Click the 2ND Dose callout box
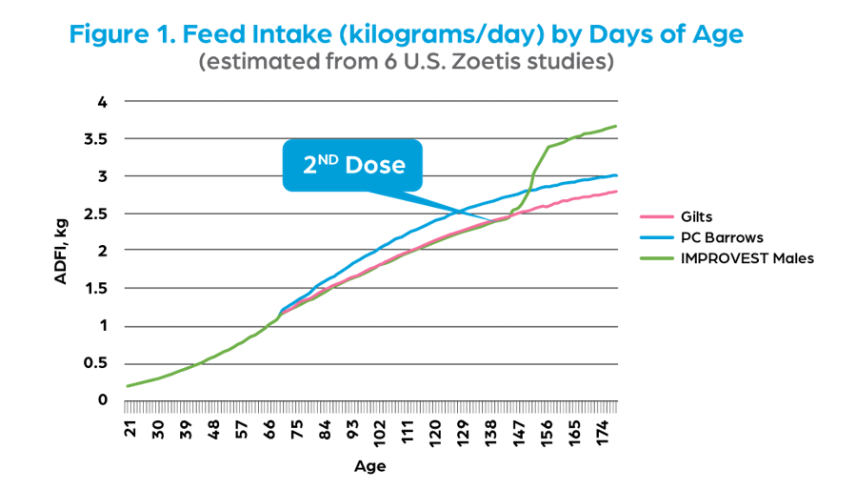click(x=354, y=165)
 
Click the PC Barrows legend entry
click(x=719, y=237)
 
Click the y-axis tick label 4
click(x=104, y=101)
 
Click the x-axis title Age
click(x=369, y=466)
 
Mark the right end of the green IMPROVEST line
click(x=617, y=126)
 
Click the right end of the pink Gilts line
click(x=617, y=192)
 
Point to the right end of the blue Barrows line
click(x=617, y=175)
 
